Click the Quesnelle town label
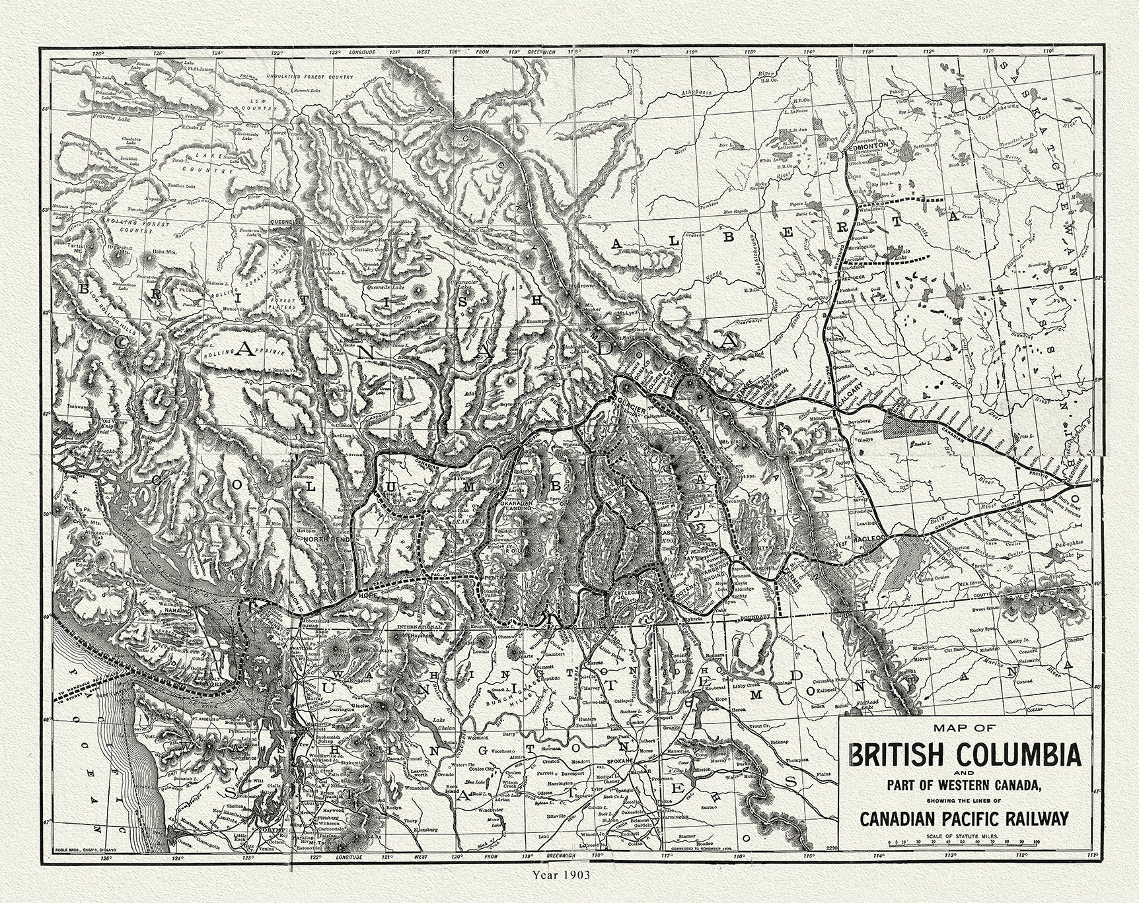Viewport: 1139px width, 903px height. point(287,222)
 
